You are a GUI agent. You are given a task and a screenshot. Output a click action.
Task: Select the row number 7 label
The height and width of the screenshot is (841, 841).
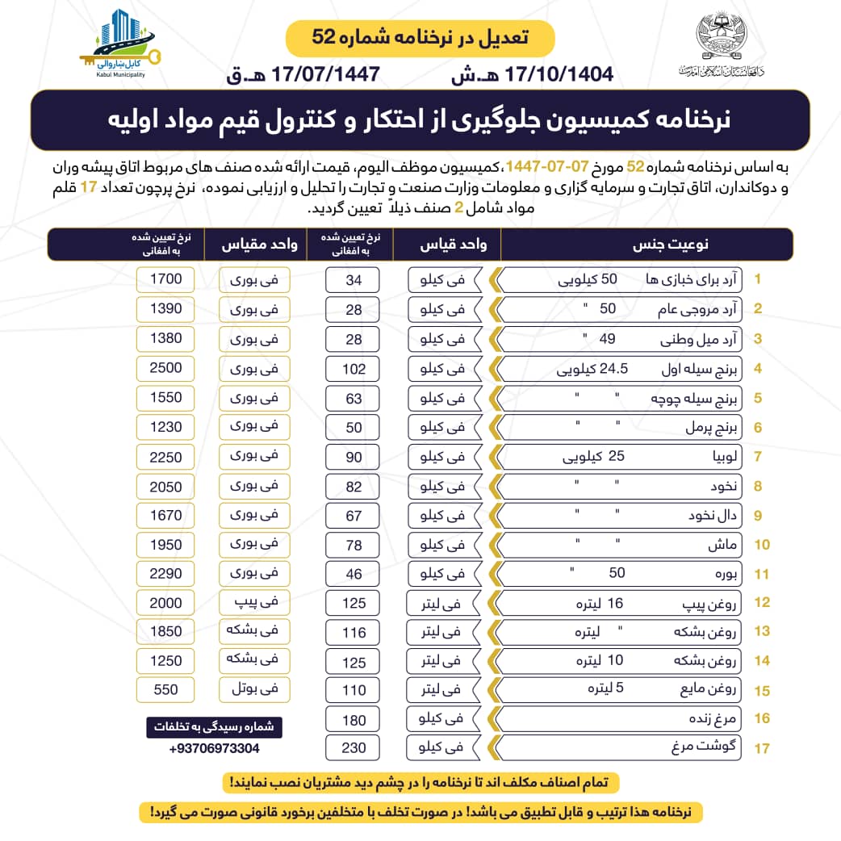coord(759,457)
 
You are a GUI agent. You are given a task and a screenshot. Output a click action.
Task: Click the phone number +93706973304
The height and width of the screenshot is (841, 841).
coord(215,748)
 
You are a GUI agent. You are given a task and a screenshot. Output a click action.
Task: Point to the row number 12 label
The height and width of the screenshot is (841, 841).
coord(760,603)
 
